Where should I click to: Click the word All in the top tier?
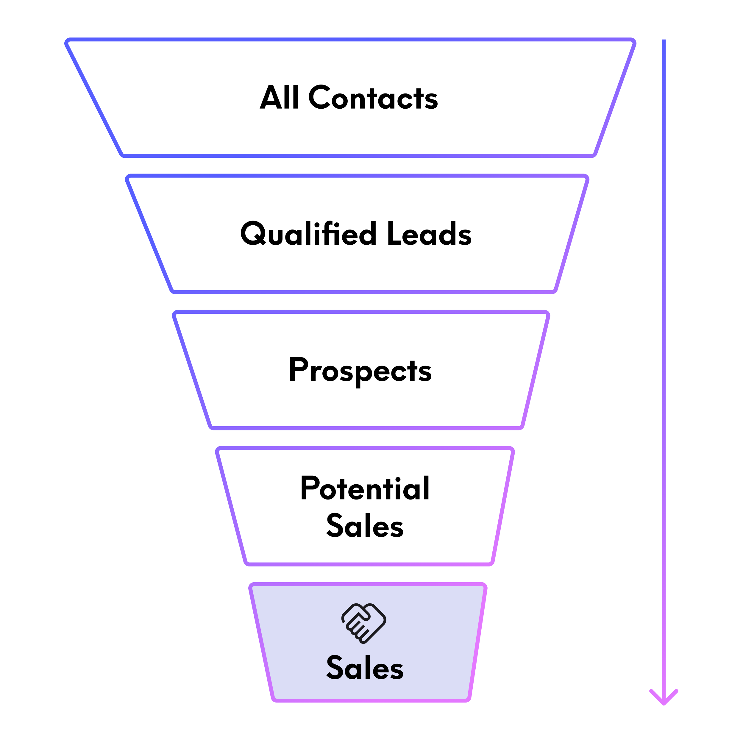tap(279, 98)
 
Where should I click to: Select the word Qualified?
tap(308, 233)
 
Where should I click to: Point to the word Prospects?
tap(360, 370)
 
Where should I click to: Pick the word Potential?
tap(365, 488)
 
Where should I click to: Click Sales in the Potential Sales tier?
tap(365, 525)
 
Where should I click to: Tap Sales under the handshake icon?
tap(365, 668)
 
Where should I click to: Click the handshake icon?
tap(364, 623)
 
